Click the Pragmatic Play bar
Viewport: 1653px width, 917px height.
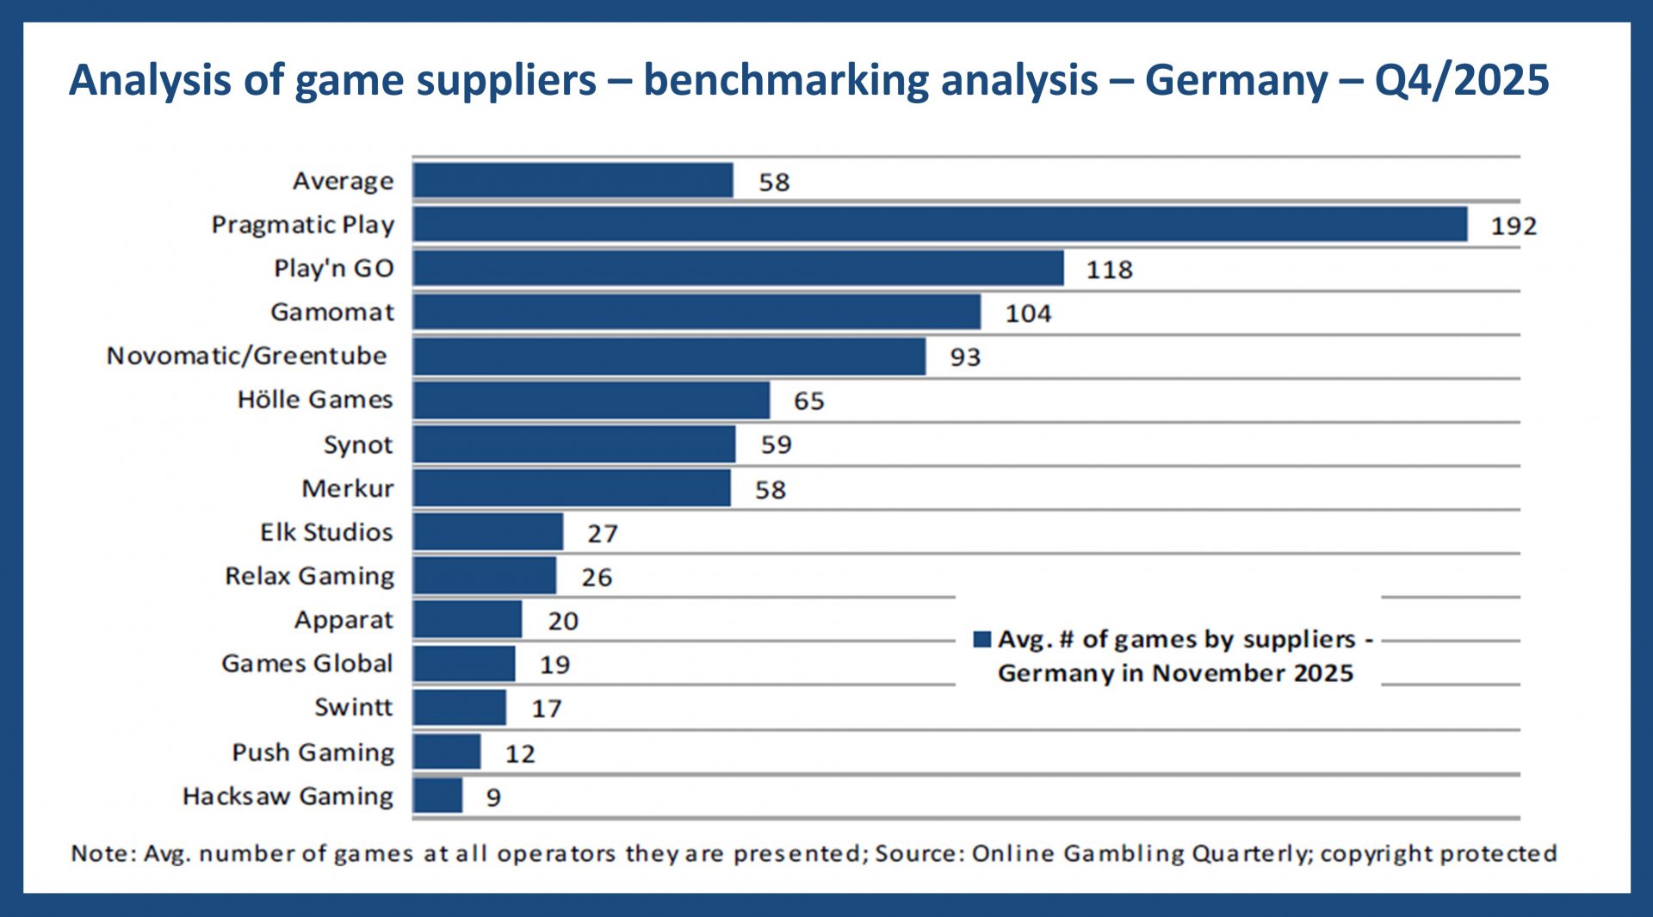click(938, 224)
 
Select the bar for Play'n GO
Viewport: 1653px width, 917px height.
click(738, 268)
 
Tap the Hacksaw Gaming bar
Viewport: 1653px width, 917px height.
click(437, 796)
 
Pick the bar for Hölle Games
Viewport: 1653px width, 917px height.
click(591, 400)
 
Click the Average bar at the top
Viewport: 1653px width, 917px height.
click(573, 181)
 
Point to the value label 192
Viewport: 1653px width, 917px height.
click(1513, 226)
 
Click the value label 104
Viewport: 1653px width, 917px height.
click(1028, 313)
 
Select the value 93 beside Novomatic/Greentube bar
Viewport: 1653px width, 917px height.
click(964, 357)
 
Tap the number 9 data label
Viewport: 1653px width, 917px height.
click(493, 797)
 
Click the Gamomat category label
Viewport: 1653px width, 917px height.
click(332, 312)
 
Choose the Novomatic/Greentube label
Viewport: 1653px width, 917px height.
click(246, 356)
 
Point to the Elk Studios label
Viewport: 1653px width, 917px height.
click(326, 532)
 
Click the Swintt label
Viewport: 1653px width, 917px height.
click(353, 707)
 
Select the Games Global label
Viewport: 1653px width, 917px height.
click(306, 663)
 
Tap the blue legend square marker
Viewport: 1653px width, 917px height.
click(981, 639)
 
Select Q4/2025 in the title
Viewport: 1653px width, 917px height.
click(1461, 80)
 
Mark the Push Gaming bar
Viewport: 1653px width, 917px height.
click(446, 752)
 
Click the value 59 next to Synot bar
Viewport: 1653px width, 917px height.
click(775, 445)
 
